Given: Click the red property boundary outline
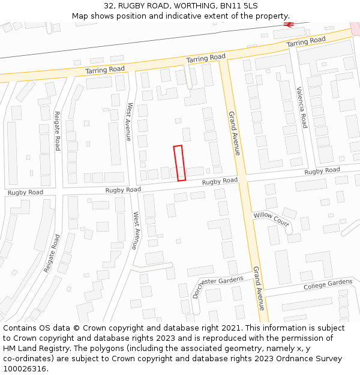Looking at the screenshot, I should point(179,163).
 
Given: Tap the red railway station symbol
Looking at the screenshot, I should point(289,25).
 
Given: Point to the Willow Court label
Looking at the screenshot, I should point(271,219).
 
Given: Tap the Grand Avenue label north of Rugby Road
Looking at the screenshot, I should point(233,133).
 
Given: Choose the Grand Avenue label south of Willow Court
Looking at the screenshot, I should point(259,288).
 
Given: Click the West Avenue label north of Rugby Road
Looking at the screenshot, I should point(129,122).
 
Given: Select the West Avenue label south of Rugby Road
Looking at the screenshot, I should point(136,230).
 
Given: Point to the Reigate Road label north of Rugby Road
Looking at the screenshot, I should point(58,131).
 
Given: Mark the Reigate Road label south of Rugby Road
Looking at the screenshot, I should point(52,253).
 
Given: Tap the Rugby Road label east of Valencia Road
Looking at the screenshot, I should point(322,171).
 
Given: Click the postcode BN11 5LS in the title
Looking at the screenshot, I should point(239,5).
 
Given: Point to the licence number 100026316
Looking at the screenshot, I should point(25,368).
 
